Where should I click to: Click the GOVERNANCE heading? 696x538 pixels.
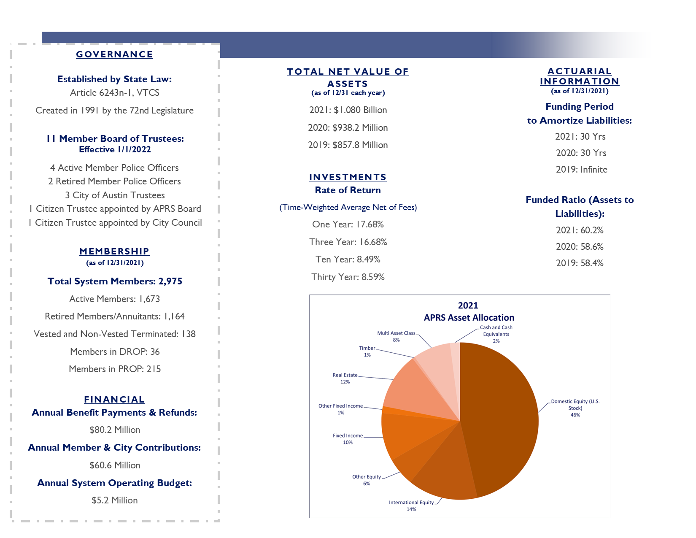click(114, 54)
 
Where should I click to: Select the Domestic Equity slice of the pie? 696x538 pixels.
click(500, 416)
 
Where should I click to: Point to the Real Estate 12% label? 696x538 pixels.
click(345, 378)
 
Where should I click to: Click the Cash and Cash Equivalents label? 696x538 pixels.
click(496, 334)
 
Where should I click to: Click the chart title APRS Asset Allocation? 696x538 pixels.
click(469, 318)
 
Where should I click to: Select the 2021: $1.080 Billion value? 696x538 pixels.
click(348, 110)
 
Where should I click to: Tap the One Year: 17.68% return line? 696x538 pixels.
click(348, 224)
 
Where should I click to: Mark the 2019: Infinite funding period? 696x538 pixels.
click(581, 169)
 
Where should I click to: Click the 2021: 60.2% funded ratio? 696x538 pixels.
click(580, 230)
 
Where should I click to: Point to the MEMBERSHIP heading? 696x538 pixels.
click(114, 251)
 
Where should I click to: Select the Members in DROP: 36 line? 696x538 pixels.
click(115, 351)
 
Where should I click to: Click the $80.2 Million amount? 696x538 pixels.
click(115, 430)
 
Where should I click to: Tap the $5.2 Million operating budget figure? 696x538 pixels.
click(114, 500)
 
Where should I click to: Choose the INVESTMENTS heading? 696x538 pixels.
click(348, 177)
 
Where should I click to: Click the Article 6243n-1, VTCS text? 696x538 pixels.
click(115, 92)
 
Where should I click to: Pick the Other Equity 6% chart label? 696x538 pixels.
click(367, 480)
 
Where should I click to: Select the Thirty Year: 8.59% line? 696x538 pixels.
click(348, 277)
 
